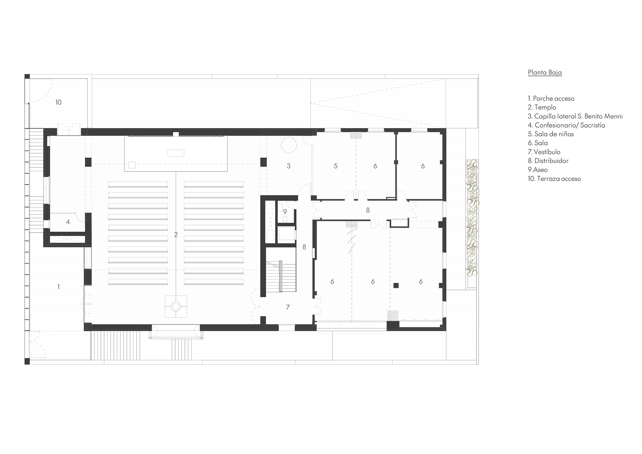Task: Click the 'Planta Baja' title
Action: [545, 72]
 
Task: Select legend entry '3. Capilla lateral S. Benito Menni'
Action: [575, 116]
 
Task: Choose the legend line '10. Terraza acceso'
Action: [554, 179]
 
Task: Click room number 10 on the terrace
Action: [58, 102]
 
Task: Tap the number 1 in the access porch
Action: [58, 287]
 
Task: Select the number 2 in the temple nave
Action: [176, 235]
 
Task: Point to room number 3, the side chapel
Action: [288, 166]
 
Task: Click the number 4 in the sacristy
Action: [68, 222]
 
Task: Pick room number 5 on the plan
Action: [335, 166]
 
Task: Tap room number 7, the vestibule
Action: [288, 308]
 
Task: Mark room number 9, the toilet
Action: [285, 212]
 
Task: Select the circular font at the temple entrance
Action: [176, 307]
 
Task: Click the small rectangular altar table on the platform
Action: [176, 153]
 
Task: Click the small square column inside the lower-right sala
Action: [396, 285]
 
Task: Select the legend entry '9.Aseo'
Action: [538, 170]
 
